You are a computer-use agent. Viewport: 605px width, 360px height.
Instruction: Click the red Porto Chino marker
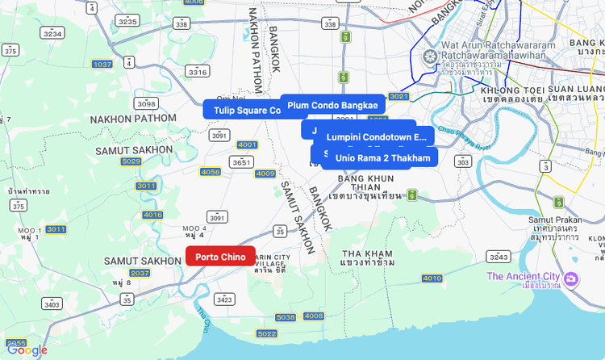(x=220, y=257)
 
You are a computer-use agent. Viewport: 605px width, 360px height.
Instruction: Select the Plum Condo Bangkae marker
(x=332, y=105)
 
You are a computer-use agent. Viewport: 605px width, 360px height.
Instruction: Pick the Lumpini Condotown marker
(x=376, y=137)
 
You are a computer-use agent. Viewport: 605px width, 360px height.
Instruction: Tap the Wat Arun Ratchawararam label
(x=498, y=46)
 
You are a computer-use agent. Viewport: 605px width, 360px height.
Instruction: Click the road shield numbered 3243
(x=499, y=257)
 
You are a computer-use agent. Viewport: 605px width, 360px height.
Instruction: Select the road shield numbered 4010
(x=432, y=278)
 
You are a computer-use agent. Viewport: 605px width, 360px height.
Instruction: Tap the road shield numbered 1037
(x=102, y=64)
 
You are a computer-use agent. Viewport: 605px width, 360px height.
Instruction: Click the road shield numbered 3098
(x=146, y=104)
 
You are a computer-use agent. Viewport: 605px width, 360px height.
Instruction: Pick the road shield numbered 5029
(x=131, y=161)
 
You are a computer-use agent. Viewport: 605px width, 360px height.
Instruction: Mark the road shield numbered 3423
(x=224, y=299)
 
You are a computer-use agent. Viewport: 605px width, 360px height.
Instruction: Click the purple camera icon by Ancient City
(x=570, y=278)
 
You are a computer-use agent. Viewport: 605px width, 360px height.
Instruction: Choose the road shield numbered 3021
(x=398, y=96)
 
